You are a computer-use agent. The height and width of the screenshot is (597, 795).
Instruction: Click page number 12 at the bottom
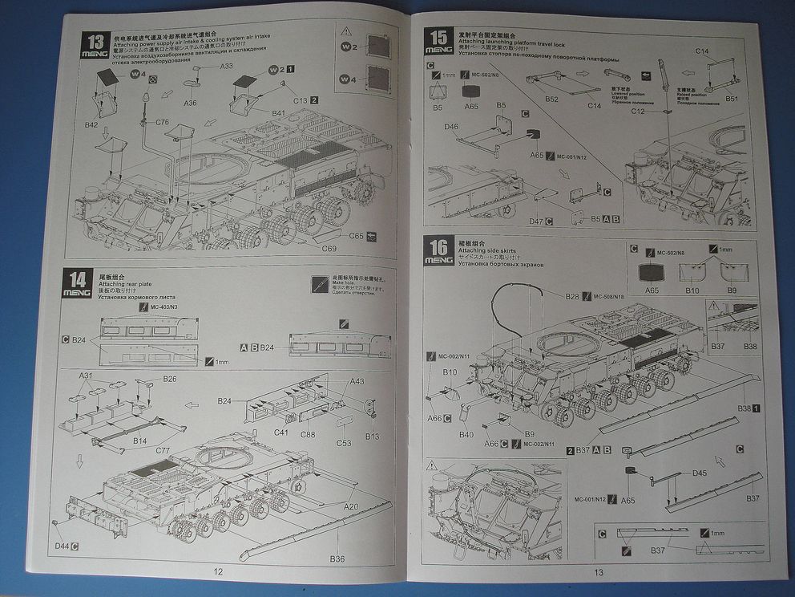point(217,572)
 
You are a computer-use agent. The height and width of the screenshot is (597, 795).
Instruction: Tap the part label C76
point(163,122)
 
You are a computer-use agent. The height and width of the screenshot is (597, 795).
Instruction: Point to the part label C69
point(329,248)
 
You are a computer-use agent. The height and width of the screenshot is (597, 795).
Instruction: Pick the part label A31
point(85,376)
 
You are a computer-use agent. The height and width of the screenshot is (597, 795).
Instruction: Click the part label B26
point(170,378)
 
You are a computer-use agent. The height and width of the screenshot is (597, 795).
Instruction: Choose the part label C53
point(343,443)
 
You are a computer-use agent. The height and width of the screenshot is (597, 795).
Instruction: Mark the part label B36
point(337,559)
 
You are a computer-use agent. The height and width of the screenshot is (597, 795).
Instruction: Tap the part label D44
point(62,546)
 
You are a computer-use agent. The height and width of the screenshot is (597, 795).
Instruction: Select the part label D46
point(451,127)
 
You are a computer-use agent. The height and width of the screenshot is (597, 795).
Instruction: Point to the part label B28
point(572,297)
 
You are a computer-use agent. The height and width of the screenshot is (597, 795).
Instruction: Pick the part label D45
point(700,473)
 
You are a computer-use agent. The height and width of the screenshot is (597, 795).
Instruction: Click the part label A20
point(351,507)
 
